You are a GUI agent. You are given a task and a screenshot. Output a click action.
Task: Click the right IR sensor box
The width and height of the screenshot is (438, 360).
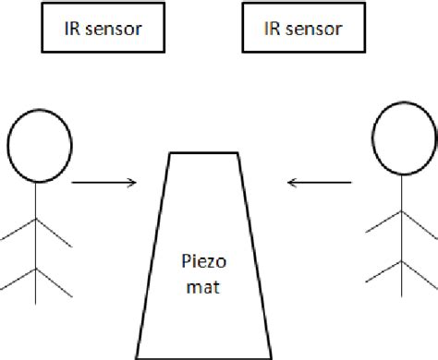303,29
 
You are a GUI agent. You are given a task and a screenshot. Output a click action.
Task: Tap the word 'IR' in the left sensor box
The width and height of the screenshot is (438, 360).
69,29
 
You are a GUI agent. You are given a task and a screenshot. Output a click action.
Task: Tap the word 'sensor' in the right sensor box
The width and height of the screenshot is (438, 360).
315,29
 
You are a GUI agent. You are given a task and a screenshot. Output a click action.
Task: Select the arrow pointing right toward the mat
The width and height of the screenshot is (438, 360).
103,182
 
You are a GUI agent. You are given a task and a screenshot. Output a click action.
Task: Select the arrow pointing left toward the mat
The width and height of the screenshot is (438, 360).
321,182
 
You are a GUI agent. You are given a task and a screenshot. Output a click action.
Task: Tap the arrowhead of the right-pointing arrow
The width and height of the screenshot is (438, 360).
133,182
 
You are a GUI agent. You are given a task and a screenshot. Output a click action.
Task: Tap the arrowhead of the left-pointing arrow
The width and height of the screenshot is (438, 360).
291,182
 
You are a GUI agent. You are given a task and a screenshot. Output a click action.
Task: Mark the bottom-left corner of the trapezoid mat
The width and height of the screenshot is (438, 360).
136,356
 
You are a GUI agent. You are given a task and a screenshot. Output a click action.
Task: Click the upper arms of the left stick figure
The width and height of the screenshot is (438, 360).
37,231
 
